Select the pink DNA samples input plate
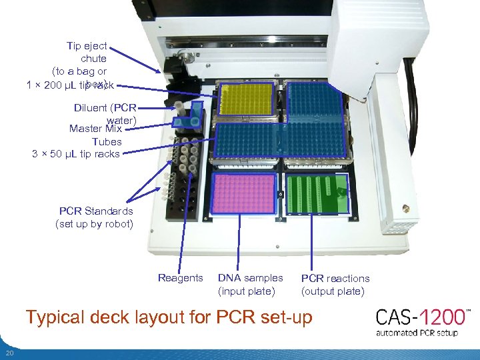[x=245, y=193]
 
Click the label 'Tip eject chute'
[x=87, y=52]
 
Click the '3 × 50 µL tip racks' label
[x=75, y=154]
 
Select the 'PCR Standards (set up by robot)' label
[x=95, y=217]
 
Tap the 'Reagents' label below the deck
[x=180, y=278]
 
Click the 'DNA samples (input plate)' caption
[x=250, y=284]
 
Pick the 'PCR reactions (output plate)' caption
[x=335, y=285]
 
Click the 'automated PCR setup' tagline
[x=417, y=332]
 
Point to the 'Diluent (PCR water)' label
[x=107, y=113]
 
